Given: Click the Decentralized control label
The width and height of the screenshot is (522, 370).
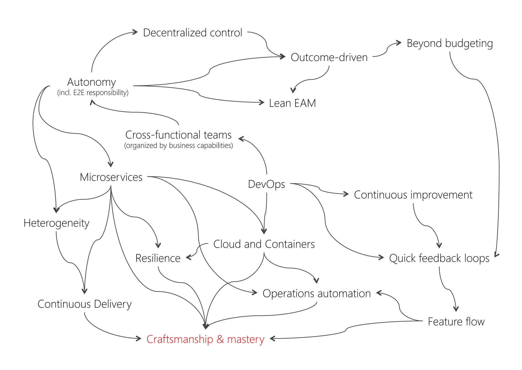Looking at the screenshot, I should click(x=192, y=33).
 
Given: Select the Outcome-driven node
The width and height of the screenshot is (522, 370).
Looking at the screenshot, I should click(x=329, y=57).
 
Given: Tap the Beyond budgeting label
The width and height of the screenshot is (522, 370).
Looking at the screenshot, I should click(x=450, y=43).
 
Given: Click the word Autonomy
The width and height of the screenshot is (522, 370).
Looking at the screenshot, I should click(x=92, y=82).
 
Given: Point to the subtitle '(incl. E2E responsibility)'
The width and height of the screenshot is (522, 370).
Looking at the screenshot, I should click(x=93, y=93).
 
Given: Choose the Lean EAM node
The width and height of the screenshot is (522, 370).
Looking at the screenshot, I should click(x=292, y=103).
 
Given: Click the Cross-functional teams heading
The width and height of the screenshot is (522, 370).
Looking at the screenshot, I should click(x=178, y=135).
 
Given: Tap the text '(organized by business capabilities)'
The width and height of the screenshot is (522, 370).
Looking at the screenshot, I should click(x=178, y=146).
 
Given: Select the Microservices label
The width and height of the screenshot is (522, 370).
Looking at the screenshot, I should click(x=111, y=177).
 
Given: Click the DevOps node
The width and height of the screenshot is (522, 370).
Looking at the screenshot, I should click(x=266, y=184).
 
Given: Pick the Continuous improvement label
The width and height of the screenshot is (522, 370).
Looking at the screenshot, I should click(x=413, y=195).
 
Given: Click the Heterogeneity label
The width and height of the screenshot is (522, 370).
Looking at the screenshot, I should click(x=56, y=223).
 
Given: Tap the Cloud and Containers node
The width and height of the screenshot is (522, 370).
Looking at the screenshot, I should click(x=264, y=244).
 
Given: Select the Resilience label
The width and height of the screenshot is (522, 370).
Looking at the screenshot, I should click(x=158, y=258).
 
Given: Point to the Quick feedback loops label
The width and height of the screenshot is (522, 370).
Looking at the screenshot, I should click(x=439, y=258).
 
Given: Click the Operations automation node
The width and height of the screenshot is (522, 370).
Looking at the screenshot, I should click(x=317, y=294).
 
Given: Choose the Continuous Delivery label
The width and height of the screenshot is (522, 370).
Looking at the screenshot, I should click(x=84, y=304).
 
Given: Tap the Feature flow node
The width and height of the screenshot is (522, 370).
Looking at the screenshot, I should click(x=456, y=322).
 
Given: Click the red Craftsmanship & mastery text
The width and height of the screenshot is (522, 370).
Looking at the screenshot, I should click(x=205, y=339).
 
